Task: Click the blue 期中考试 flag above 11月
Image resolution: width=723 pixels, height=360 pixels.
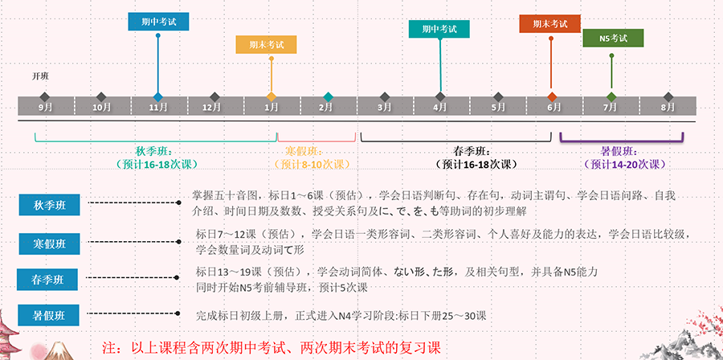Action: (x=157, y=22)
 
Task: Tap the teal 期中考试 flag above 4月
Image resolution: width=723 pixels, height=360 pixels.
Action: (x=439, y=29)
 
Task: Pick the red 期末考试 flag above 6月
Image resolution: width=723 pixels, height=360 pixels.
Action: (x=549, y=23)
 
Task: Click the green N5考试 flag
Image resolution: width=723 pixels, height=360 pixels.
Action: (x=613, y=38)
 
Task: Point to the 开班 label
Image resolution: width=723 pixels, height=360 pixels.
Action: (x=40, y=76)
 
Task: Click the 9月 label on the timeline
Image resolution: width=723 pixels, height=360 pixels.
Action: (x=45, y=106)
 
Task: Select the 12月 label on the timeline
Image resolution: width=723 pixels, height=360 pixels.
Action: (x=211, y=106)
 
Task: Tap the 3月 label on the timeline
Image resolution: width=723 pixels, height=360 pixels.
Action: (x=385, y=106)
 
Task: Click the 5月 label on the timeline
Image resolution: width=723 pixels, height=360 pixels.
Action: (x=498, y=106)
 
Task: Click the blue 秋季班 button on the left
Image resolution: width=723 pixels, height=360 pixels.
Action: (x=51, y=205)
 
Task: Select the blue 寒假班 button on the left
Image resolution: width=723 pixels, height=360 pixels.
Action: (x=51, y=242)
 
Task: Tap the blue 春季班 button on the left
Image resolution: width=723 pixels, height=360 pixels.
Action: (x=51, y=279)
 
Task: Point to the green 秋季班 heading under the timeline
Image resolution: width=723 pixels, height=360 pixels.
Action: (x=154, y=151)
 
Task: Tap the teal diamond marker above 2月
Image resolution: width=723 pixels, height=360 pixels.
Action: (x=328, y=96)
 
